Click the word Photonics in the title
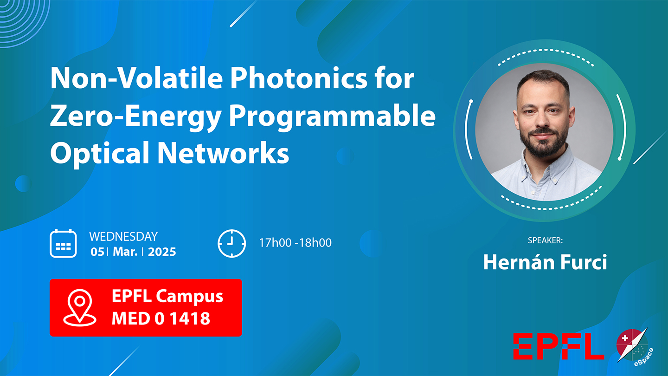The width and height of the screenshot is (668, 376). pyautogui.click(x=299, y=78)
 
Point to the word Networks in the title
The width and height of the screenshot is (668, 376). pyautogui.click(x=223, y=152)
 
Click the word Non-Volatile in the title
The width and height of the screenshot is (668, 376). pyautogui.click(x=136, y=78)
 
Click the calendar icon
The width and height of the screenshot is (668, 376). pyautogui.click(x=63, y=243)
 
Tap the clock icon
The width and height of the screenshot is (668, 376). pyautogui.click(x=232, y=243)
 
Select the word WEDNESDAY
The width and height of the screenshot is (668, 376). pyautogui.click(x=123, y=237)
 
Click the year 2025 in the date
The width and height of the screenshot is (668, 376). pyautogui.click(x=162, y=252)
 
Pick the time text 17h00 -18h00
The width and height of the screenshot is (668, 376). pyautogui.click(x=295, y=243)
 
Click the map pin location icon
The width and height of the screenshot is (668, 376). pyautogui.click(x=80, y=307)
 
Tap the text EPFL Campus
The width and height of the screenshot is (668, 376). pyautogui.click(x=167, y=296)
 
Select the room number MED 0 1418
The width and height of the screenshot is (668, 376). pyautogui.click(x=161, y=318)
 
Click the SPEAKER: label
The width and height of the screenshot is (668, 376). pyautogui.click(x=545, y=240)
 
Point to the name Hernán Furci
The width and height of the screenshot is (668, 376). pyautogui.click(x=545, y=262)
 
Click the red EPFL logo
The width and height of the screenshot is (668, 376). pyautogui.click(x=559, y=346)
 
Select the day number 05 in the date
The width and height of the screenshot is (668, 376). pyautogui.click(x=97, y=252)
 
